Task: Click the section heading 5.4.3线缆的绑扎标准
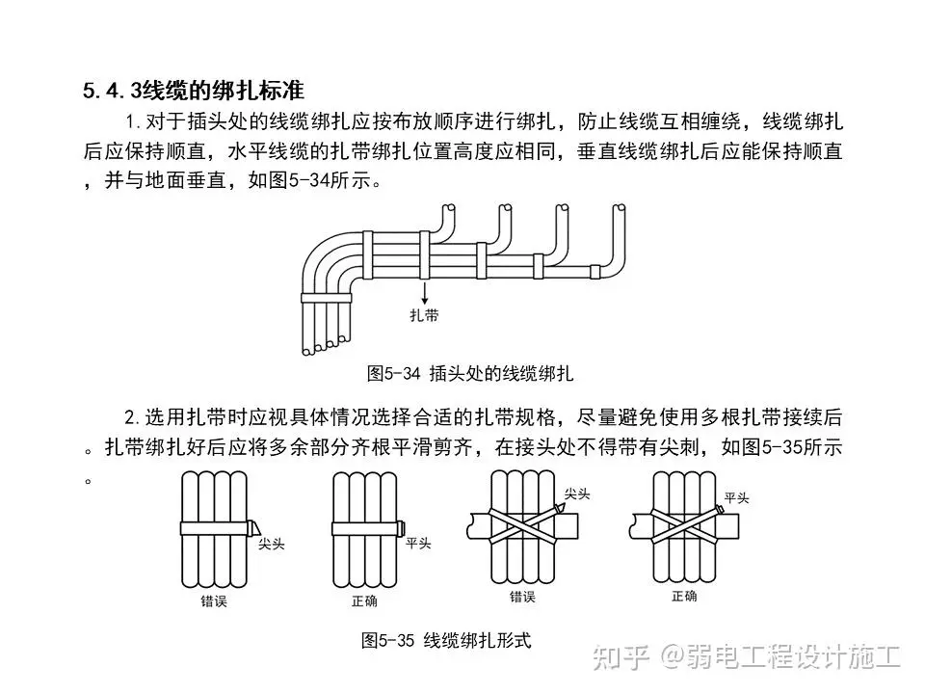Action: pyautogui.click(x=194, y=91)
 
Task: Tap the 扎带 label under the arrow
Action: pyautogui.click(x=424, y=315)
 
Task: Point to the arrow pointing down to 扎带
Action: pyautogui.click(x=424, y=292)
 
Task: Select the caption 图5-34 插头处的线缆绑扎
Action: pyautogui.click(x=469, y=374)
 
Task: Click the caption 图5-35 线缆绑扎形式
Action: pyautogui.click(x=446, y=640)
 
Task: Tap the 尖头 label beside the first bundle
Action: pyautogui.click(x=272, y=544)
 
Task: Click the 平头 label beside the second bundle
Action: pyautogui.click(x=418, y=543)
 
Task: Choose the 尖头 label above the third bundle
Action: pyautogui.click(x=577, y=494)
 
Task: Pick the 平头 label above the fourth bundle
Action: pyautogui.click(x=737, y=498)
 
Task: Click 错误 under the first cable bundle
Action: pyautogui.click(x=214, y=601)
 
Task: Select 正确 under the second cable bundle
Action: pyautogui.click(x=364, y=601)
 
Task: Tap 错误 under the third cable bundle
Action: pyautogui.click(x=522, y=597)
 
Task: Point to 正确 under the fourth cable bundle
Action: pyautogui.click(x=684, y=596)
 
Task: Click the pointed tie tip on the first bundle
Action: pyautogui.click(x=253, y=527)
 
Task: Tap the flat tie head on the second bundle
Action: pyautogui.click(x=401, y=527)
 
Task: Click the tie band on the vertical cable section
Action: pyautogui.click(x=327, y=298)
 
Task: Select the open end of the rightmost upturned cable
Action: pyautogui.click(x=619, y=208)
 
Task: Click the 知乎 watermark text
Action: pyautogui.click(x=621, y=657)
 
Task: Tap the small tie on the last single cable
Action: pyautogui.click(x=595, y=271)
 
